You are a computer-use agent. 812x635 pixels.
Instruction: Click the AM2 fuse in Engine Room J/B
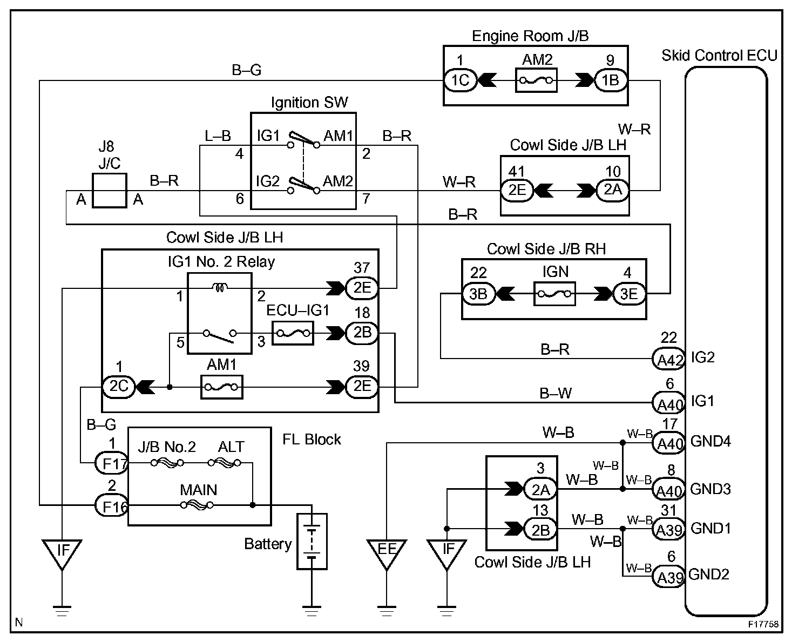(x=536, y=80)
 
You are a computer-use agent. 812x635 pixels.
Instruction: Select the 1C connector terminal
(x=461, y=80)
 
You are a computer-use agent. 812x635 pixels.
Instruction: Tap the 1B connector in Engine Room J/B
(x=611, y=80)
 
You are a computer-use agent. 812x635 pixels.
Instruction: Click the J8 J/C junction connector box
(x=110, y=190)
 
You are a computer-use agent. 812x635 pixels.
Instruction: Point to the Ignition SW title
(x=309, y=103)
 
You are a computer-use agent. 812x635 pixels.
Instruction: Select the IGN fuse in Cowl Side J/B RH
(x=554, y=294)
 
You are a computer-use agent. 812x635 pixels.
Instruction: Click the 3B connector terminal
(x=478, y=294)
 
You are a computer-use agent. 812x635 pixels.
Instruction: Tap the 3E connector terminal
(x=630, y=294)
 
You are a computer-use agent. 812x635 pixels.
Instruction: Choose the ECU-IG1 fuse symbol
(x=293, y=333)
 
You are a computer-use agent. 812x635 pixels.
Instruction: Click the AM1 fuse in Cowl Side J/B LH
(x=221, y=387)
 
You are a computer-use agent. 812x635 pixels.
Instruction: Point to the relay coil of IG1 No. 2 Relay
(x=220, y=287)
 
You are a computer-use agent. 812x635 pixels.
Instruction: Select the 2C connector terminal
(x=118, y=387)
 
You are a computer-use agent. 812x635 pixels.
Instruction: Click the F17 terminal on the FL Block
(x=112, y=463)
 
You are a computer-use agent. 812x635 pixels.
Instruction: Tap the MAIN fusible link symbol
(x=197, y=505)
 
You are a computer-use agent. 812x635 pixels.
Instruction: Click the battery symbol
(x=312, y=541)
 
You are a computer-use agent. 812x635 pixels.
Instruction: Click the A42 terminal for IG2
(x=669, y=359)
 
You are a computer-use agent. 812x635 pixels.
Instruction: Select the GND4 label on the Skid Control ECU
(x=710, y=441)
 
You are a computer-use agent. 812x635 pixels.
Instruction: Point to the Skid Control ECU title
(x=719, y=55)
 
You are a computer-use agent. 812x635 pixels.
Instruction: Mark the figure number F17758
(x=763, y=624)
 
